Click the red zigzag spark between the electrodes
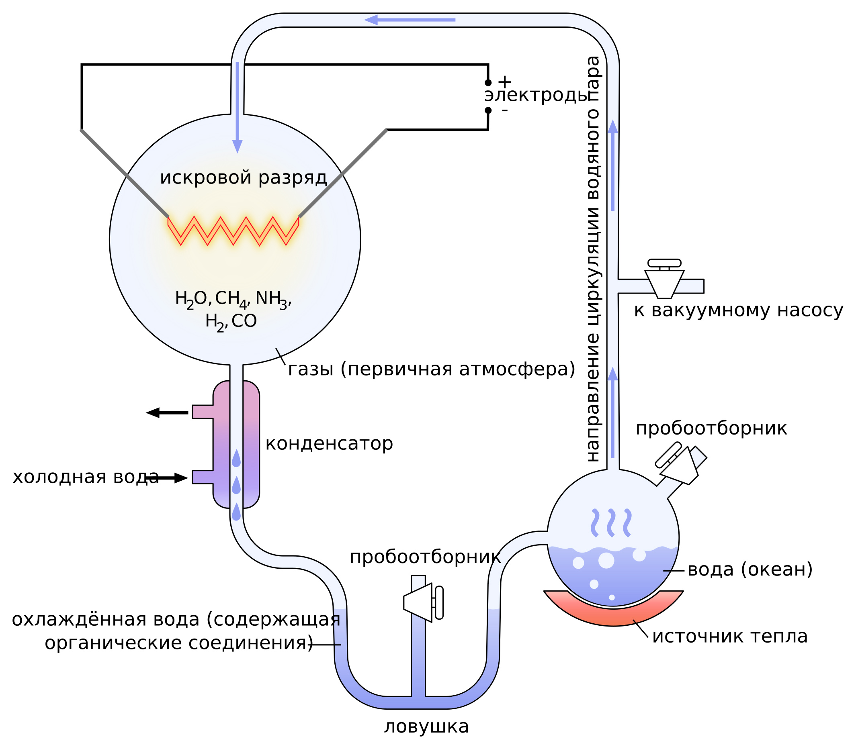(233, 231)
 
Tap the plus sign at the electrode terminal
(505, 82)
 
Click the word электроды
(537, 96)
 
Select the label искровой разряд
(244, 177)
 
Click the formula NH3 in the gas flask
(271, 299)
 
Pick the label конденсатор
(329, 443)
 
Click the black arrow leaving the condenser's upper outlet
(167, 412)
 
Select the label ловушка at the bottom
(426, 727)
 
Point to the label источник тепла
(730, 636)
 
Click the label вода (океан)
(750, 569)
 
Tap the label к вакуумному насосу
(739, 310)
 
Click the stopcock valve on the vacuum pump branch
(664, 279)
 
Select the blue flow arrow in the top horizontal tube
(410, 20)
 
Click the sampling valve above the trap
(423, 602)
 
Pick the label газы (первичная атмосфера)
(432, 369)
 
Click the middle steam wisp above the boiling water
(611, 523)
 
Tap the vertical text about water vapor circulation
(592, 259)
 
